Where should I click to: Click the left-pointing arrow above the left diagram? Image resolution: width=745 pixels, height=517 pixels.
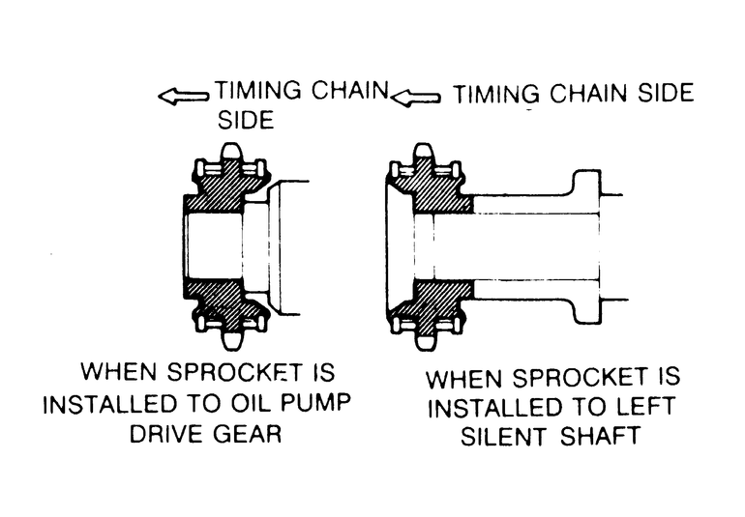[184, 95]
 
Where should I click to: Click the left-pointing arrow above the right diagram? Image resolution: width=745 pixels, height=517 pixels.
[417, 96]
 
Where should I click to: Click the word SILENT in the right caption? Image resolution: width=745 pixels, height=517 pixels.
[509, 435]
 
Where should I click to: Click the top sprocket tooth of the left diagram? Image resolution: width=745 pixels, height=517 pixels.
[230, 156]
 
